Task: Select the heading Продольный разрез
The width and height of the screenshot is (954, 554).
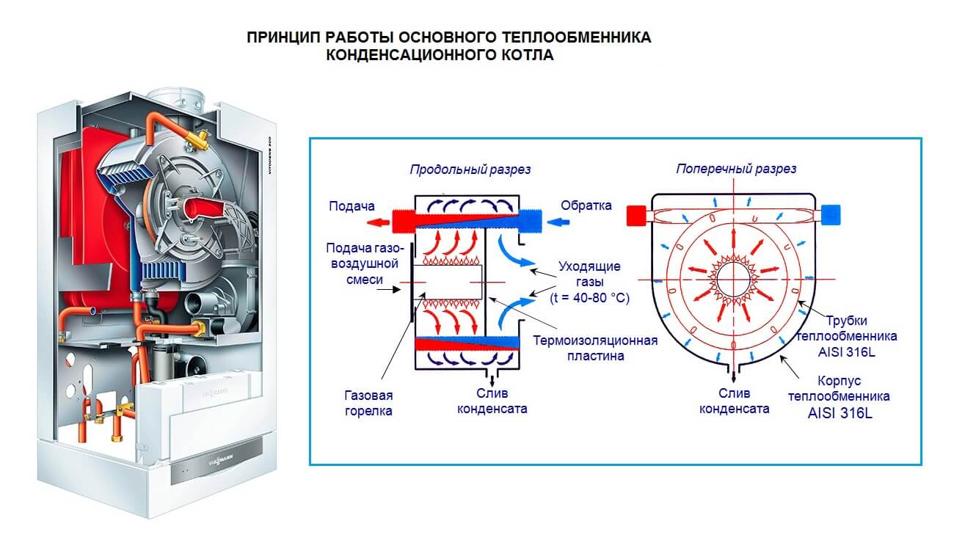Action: click(470, 170)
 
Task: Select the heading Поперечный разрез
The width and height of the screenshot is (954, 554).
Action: click(735, 170)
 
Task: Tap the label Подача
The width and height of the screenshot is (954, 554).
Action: click(352, 206)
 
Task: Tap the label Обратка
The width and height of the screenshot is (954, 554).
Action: click(586, 205)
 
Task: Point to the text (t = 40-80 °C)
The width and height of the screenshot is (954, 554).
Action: click(589, 299)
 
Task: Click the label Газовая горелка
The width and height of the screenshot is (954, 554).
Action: click(368, 403)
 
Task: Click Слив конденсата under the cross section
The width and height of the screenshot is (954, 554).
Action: click(734, 401)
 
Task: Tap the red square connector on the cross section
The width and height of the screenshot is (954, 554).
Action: click(636, 215)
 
